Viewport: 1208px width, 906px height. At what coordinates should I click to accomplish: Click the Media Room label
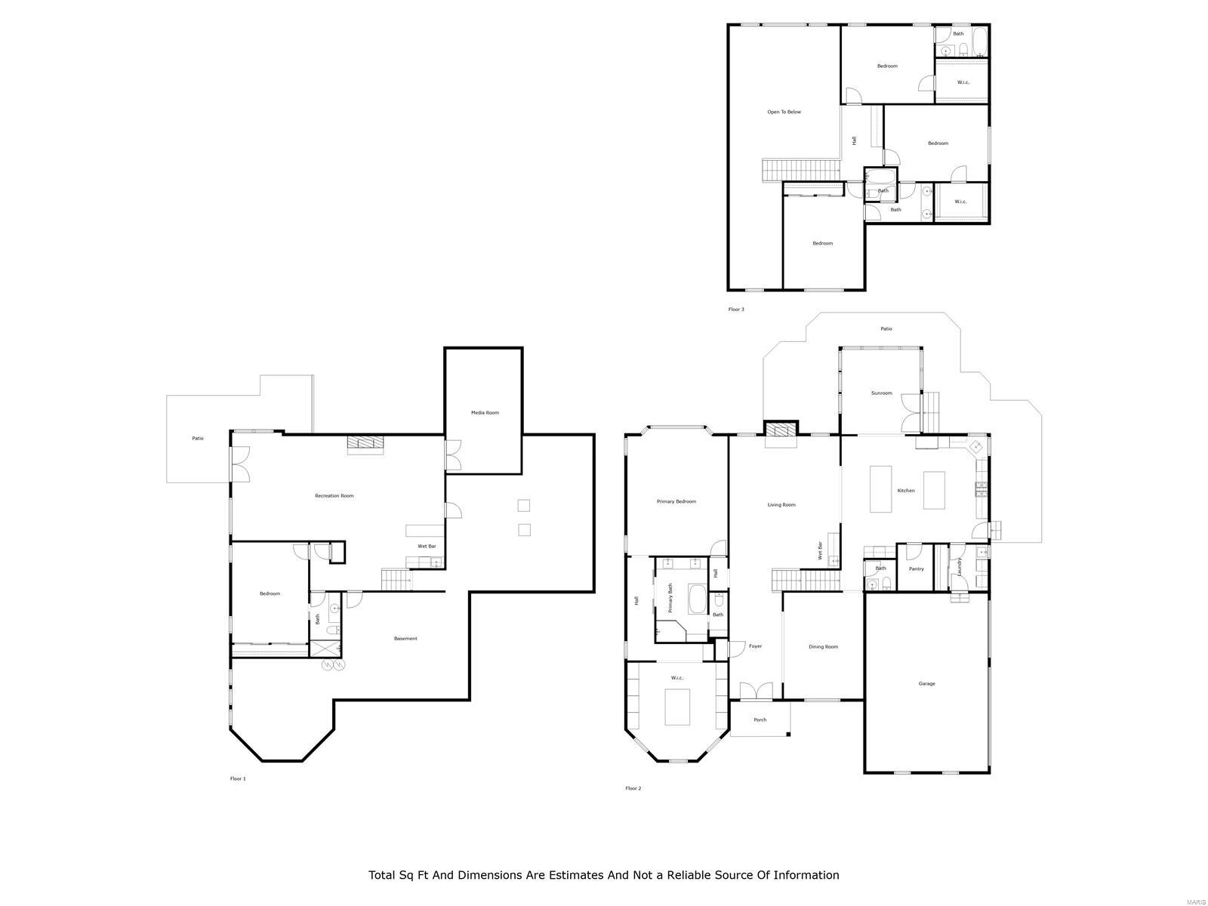(x=485, y=412)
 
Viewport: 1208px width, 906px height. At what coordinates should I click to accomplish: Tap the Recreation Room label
(x=334, y=496)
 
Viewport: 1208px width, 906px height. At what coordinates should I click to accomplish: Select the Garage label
(x=926, y=684)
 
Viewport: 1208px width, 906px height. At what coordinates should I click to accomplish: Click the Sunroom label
(x=881, y=393)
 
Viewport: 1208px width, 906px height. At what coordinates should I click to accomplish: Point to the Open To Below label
(x=784, y=112)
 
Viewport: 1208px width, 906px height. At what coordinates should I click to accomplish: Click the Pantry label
(x=916, y=569)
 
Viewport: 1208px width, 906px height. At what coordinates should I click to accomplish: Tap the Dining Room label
(x=823, y=647)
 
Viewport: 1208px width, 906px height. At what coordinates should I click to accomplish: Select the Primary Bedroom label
(x=676, y=501)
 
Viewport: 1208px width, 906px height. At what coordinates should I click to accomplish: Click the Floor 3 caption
(x=736, y=310)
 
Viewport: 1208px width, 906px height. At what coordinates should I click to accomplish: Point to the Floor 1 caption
(x=238, y=778)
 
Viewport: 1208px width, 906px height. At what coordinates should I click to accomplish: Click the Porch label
(x=760, y=720)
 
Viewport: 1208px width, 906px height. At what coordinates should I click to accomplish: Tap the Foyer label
(x=755, y=646)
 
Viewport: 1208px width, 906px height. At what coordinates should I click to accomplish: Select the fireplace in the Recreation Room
(x=365, y=444)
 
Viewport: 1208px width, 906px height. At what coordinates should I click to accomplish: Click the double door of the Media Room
(x=454, y=455)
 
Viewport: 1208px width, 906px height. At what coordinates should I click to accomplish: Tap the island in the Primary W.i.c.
(x=677, y=707)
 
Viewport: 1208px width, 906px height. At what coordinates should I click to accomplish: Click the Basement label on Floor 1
(x=405, y=639)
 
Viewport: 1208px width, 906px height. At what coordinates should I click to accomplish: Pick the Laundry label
(x=960, y=567)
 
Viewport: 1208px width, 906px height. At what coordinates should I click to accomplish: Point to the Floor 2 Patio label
(x=886, y=329)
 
